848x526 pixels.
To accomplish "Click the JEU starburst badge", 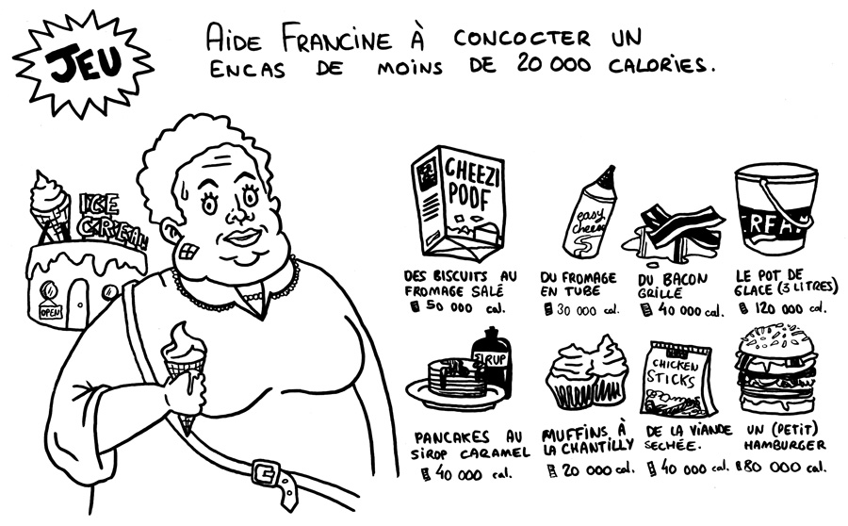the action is tap(83, 64).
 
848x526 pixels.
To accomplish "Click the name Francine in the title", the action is tap(335, 40).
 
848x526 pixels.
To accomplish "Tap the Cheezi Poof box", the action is tap(458, 203).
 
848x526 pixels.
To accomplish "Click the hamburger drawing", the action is tap(776, 369).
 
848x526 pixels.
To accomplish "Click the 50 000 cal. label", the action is tap(458, 307).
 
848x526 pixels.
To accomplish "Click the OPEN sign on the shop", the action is tap(51, 312).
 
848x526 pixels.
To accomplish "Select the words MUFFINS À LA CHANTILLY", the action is tap(587, 439).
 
